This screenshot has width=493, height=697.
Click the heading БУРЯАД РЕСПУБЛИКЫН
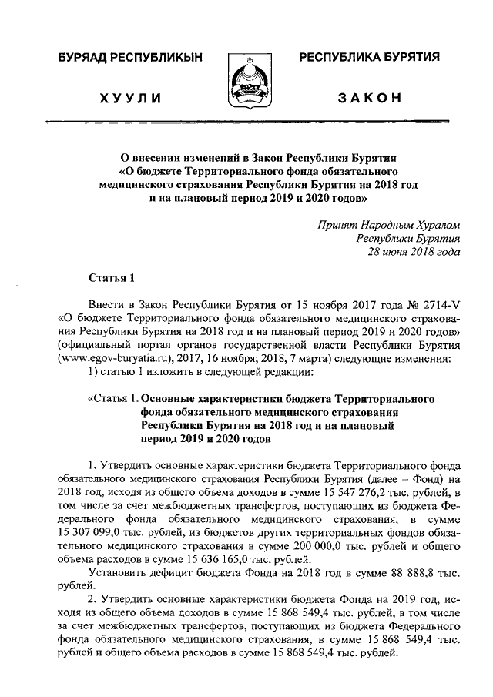[x=126, y=59]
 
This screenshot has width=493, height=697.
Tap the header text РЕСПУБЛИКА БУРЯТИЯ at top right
[x=369, y=59]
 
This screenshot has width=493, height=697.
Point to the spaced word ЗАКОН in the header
[x=370, y=99]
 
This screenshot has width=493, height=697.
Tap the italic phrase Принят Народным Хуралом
[x=389, y=225]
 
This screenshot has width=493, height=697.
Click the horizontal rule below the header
[x=246, y=122]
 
